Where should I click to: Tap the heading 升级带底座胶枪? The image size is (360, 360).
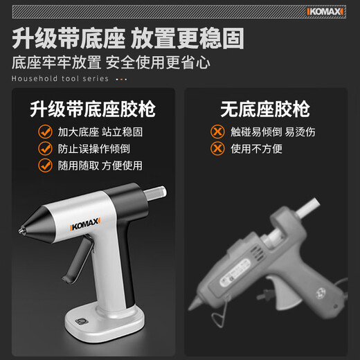point(93,109)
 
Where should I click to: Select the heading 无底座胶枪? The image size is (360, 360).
point(265,109)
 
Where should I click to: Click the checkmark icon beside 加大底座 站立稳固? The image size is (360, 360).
point(45,132)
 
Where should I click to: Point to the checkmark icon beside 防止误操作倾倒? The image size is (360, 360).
point(45,148)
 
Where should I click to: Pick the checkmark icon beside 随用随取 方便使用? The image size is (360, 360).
point(45,165)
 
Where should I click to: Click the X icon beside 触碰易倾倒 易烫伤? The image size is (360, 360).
point(217,132)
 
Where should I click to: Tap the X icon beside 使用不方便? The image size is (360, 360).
point(217,149)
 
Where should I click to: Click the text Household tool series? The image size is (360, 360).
point(60,78)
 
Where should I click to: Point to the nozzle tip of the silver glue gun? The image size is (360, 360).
point(24,226)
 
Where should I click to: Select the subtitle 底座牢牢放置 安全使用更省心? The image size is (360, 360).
point(111,63)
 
